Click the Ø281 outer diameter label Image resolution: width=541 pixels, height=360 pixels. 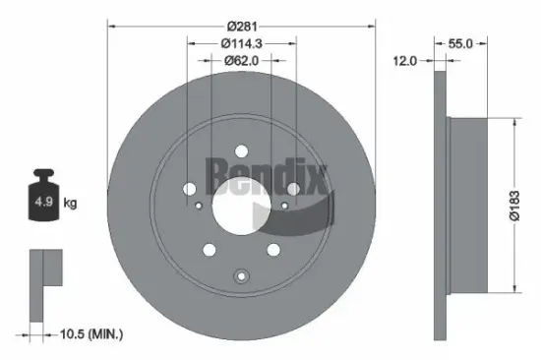coord(240,25)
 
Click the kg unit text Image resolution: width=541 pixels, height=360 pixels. coord(71,204)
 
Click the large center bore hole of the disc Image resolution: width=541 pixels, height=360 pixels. coord(240,204)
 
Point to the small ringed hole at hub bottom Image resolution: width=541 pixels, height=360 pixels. coord(240,275)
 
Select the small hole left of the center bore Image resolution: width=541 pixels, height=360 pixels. coord(199,205)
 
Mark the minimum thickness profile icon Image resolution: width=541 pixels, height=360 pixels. coord(45,279)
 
